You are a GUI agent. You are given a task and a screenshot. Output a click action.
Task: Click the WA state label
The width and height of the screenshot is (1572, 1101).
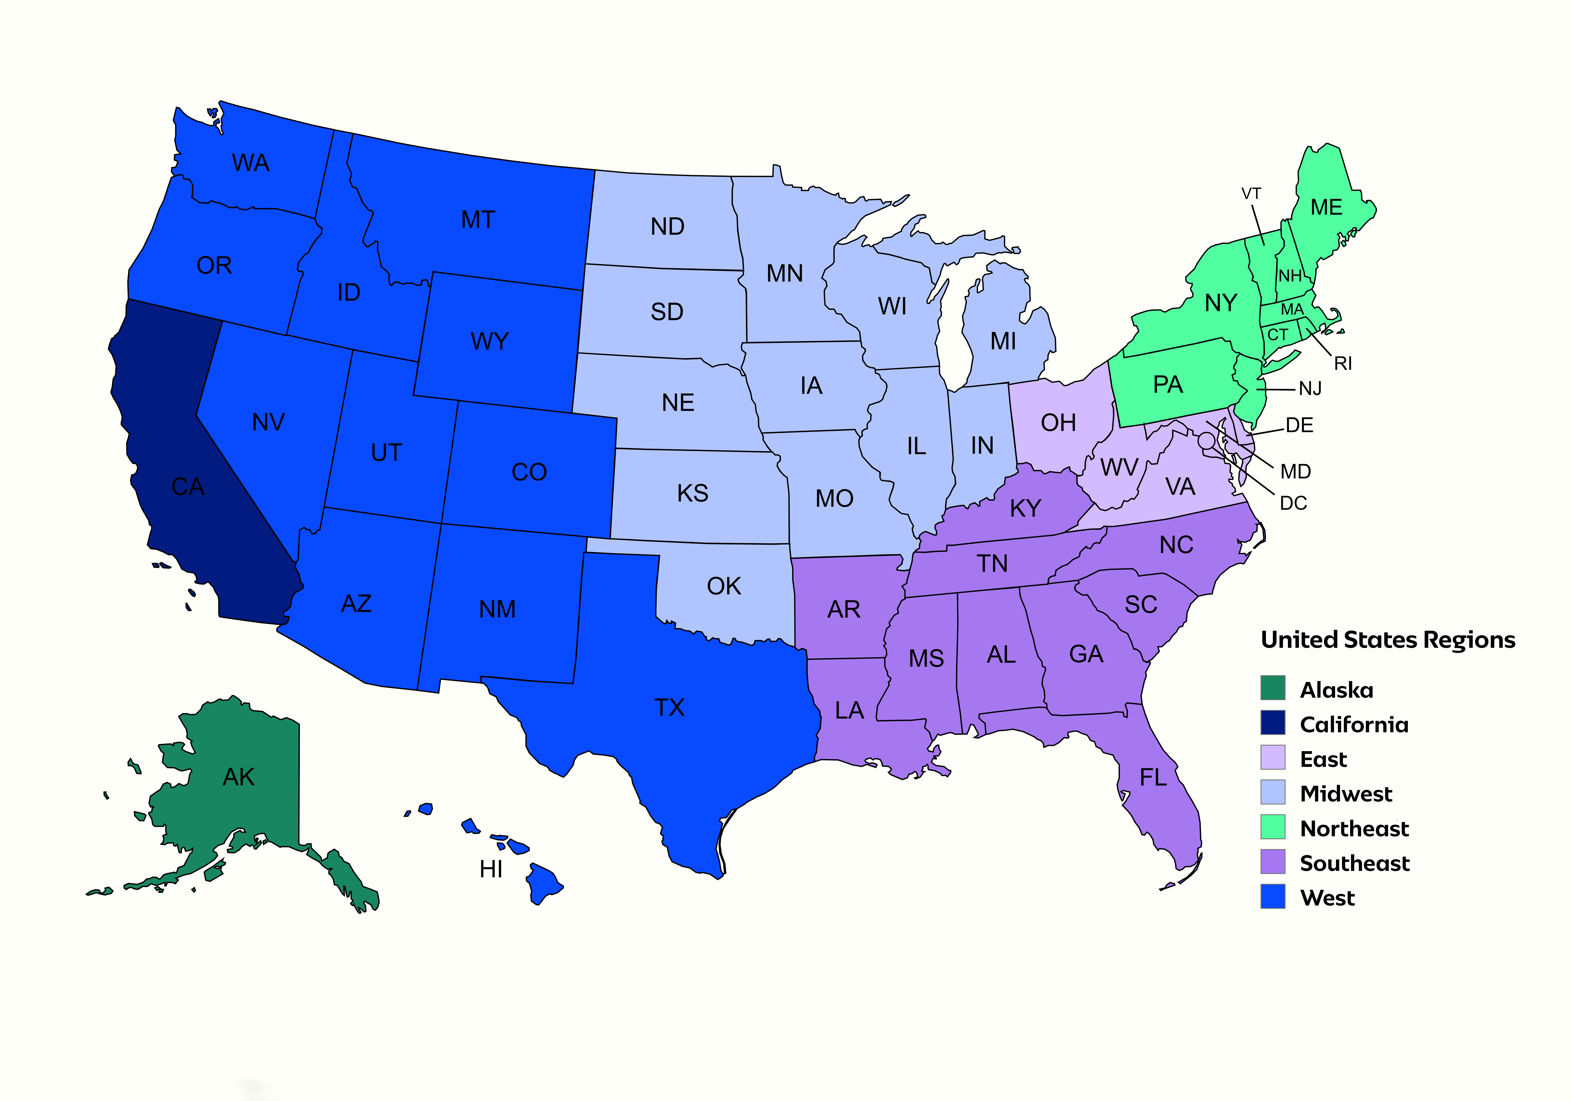pos(251,163)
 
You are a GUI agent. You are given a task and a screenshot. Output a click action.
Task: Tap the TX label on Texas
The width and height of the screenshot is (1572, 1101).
pos(669,708)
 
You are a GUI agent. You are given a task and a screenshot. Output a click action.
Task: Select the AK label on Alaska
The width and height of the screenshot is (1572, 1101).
pos(238,777)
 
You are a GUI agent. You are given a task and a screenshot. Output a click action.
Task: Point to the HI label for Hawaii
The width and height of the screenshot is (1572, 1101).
pos(491,869)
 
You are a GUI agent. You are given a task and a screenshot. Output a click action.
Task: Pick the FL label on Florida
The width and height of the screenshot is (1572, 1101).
pos(1153,778)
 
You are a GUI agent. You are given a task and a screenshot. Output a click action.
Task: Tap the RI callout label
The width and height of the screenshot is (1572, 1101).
pos(1343,364)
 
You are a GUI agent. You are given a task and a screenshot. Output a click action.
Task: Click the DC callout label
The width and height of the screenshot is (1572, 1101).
pos(1293,504)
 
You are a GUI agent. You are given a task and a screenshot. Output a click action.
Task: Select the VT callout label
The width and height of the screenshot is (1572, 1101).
pos(1251,194)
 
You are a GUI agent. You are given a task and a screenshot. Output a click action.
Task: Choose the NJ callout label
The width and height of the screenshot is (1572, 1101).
pos(1310,389)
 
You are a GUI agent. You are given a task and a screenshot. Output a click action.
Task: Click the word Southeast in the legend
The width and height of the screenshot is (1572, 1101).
pos(1354,863)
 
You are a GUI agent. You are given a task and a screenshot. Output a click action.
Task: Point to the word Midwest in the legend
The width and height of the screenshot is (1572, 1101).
pos(1345,794)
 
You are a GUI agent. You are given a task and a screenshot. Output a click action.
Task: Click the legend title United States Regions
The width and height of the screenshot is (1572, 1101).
pos(1388,640)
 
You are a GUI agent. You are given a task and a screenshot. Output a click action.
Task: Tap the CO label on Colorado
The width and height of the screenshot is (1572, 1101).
pos(529,472)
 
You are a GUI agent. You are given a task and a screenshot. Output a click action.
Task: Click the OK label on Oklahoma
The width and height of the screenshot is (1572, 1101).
pos(724,586)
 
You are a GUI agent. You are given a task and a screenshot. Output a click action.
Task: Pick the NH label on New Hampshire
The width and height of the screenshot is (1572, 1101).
pos(1290,276)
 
